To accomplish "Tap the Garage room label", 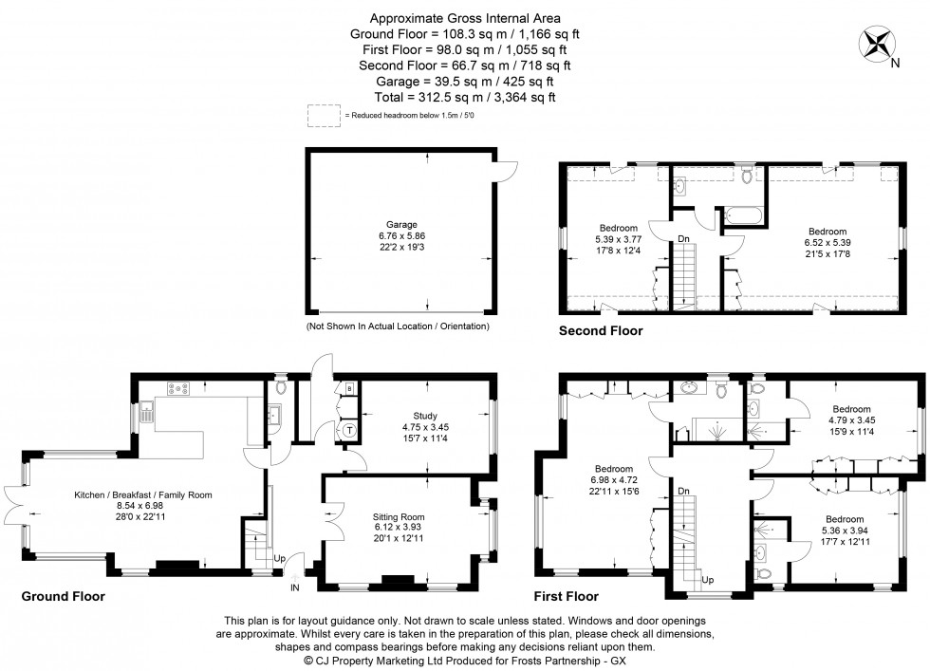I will [x=400, y=225].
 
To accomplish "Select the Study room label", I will [x=424, y=415].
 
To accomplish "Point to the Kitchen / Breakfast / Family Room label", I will [x=143, y=494].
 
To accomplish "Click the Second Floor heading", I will [x=600, y=331].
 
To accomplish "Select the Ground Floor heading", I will [x=63, y=597].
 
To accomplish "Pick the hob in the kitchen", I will [x=177, y=387].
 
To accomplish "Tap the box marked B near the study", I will [x=349, y=389].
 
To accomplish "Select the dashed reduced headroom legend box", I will [x=324, y=115].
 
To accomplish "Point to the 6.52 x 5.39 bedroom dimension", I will [x=828, y=242].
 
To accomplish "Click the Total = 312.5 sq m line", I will [x=464, y=97].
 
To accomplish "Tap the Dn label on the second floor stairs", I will [x=683, y=238].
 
